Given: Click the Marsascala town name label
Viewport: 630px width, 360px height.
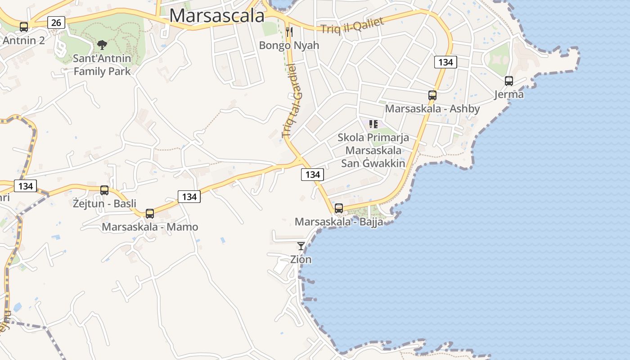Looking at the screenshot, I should click(217, 16).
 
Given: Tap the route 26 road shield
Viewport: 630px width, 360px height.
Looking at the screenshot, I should click(56, 22).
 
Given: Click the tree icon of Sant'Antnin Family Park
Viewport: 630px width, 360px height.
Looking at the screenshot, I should click(102, 45).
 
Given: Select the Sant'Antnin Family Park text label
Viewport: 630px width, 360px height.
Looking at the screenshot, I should click(102, 65).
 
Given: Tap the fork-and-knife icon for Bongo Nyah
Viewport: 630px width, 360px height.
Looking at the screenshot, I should click(289, 32).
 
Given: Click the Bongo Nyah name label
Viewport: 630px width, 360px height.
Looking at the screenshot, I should click(289, 45).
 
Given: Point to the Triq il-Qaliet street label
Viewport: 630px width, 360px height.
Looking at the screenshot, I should click(352, 25).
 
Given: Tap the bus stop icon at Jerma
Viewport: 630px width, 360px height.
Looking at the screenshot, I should click(509, 81).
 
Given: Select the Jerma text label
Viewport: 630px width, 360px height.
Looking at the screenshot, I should click(509, 94).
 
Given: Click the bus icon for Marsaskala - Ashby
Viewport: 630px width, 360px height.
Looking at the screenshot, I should click(432, 95).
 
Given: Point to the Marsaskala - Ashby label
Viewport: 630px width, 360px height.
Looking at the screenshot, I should click(432, 108).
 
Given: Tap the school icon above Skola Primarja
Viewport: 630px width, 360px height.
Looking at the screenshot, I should click(373, 124).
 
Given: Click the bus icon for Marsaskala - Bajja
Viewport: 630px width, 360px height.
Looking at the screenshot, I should click(339, 208).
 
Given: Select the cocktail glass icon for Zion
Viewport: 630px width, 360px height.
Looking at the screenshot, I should click(301, 246).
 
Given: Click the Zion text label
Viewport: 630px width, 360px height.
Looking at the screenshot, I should click(301, 260).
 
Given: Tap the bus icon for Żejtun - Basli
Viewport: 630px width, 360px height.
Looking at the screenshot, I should click(104, 190).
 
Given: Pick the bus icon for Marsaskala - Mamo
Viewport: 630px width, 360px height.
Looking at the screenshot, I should click(150, 214).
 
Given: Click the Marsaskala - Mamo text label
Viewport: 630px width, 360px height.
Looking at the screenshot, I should click(150, 227).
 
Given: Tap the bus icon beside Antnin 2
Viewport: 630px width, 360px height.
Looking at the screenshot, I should click(24, 27).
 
